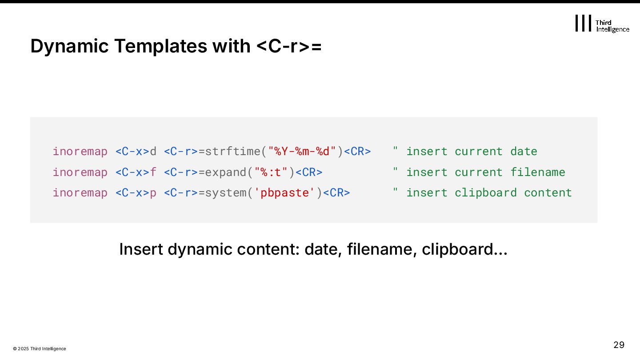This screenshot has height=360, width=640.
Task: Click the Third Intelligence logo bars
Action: (583, 23)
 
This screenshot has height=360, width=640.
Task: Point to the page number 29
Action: (619, 345)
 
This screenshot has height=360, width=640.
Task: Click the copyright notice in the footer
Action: (40, 349)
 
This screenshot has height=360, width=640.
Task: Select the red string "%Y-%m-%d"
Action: (302, 152)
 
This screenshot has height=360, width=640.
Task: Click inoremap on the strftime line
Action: (80, 152)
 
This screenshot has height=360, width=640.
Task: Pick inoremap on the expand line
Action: (80, 172)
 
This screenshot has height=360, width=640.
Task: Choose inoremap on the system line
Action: (80, 193)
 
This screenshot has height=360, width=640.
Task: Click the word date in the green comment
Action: (524, 152)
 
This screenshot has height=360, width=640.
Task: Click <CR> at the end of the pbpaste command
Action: (336, 193)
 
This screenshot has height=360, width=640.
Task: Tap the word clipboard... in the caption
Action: (464, 249)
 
